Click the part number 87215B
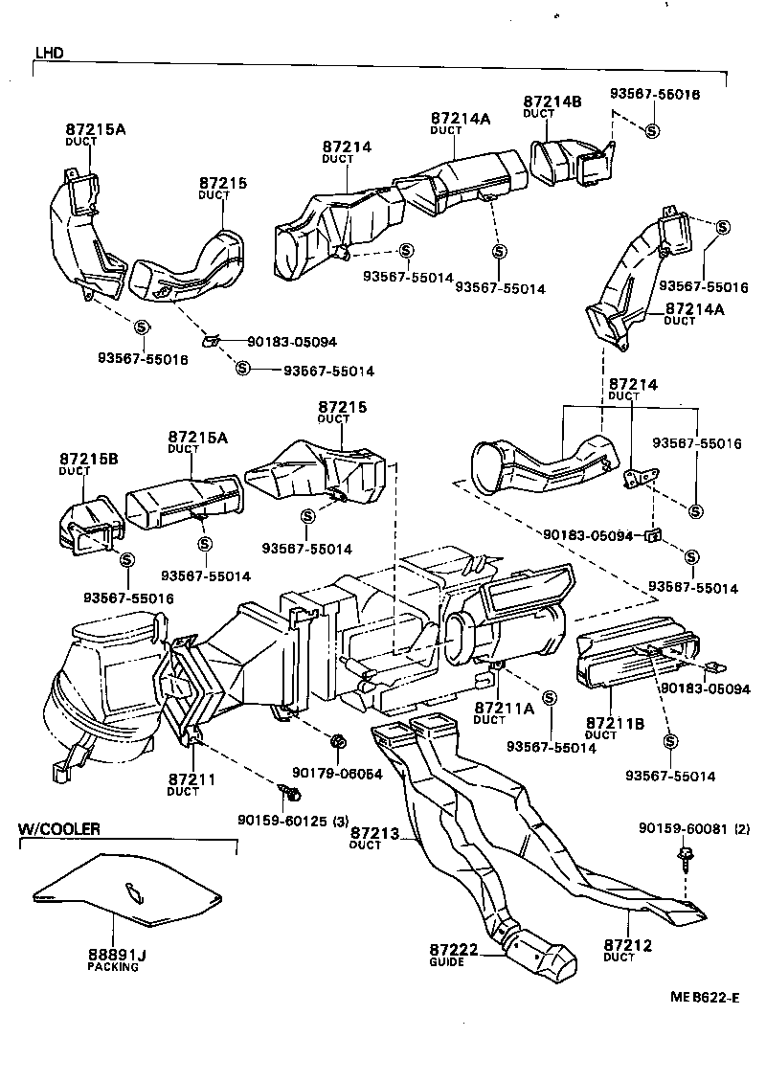(x=88, y=460)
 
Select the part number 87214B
(x=552, y=101)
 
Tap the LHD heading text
(x=49, y=53)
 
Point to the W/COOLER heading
(x=59, y=828)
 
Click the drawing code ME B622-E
(x=704, y=998)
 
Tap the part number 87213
(x=374, y=832)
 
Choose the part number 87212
(x=628, y=946)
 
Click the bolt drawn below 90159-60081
(x=687, y=856)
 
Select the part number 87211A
(x=503, y=708)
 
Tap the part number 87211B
(x=615, y=722)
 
